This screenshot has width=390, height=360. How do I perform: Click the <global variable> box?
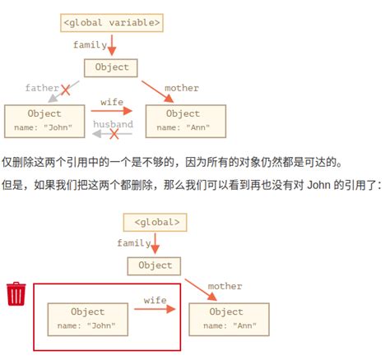[111, 22]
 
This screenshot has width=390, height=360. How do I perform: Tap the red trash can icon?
[16, 293]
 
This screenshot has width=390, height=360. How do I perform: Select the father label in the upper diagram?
[42, 87]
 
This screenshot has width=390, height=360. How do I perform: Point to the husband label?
[113, 124]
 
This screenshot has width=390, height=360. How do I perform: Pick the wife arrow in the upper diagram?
[113, 110]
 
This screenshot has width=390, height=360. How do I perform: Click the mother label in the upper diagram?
[181, 87]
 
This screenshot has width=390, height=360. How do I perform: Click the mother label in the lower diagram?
[225, 286]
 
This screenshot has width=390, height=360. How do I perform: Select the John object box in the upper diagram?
[44, 120]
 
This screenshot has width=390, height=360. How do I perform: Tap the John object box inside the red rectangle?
[88, 318]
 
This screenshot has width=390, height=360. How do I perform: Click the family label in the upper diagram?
[90, 44]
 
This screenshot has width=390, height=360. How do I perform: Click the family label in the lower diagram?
[133, 242]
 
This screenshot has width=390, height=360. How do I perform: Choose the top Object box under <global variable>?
[111, 67]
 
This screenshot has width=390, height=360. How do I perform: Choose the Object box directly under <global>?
[155, 265]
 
